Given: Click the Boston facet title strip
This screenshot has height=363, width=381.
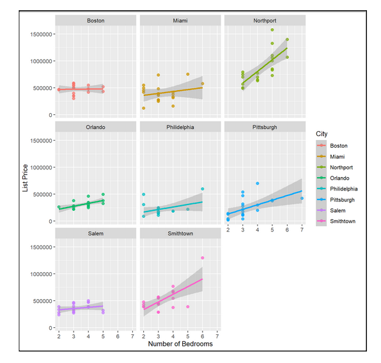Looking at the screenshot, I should coord(96,20).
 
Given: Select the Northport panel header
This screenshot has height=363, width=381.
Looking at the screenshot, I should coord(265,20).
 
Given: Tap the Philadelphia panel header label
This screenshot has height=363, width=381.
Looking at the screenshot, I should coord(180,127).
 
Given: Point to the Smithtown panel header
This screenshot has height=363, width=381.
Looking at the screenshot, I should coord(180,233).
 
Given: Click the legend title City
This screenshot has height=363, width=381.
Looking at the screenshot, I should coord(322,133).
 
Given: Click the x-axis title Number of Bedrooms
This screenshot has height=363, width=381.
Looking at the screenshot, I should coord(180,344).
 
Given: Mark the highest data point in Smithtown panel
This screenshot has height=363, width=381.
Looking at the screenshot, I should coord(203,258).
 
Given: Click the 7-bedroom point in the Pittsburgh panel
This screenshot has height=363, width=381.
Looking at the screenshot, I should coord(302,199).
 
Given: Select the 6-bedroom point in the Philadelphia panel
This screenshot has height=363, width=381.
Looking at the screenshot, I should coord(203,189).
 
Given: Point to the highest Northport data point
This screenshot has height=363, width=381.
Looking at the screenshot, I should coord(272,30).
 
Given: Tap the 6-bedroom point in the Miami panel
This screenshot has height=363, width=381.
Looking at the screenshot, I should coord(203,84).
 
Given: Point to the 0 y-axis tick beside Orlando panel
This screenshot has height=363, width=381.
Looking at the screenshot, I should coord(49,221).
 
